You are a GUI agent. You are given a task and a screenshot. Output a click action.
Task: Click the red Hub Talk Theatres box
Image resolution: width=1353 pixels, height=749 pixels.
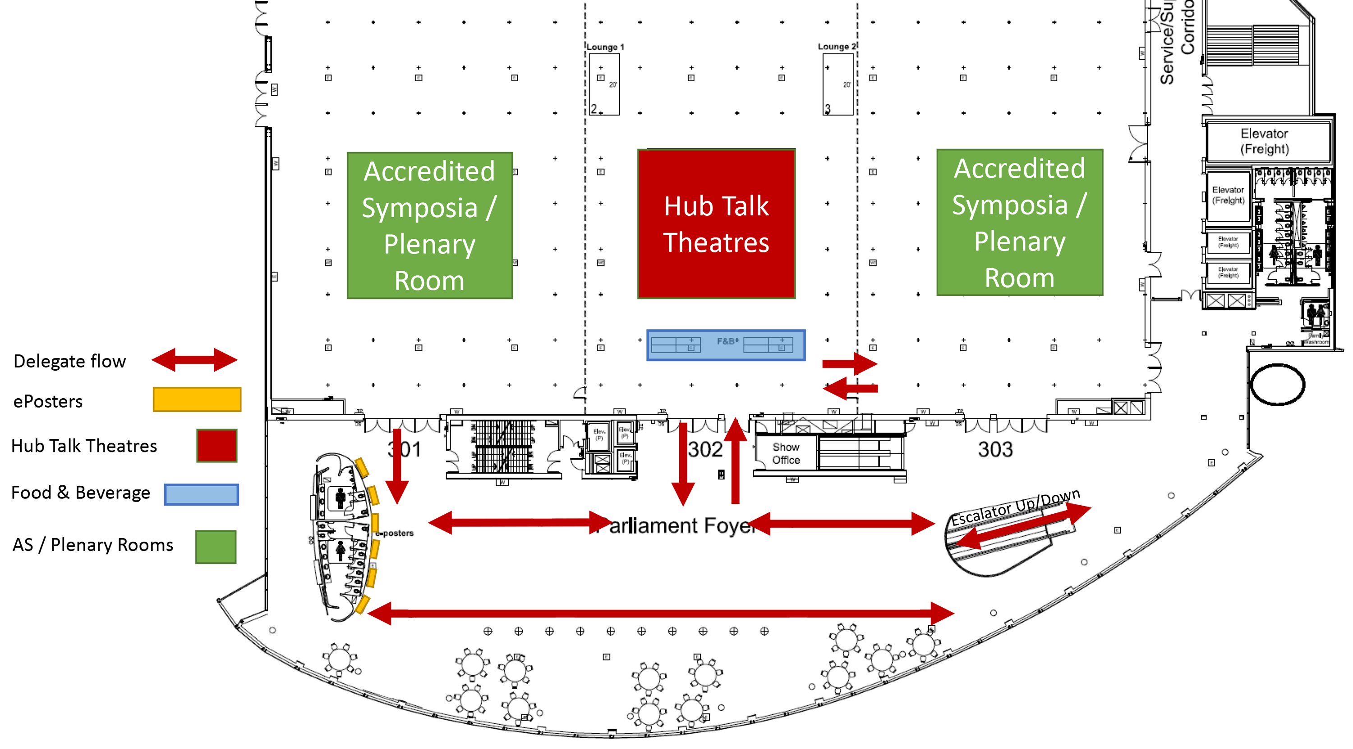716,224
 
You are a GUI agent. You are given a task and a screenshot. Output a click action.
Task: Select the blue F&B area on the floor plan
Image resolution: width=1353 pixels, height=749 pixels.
725,345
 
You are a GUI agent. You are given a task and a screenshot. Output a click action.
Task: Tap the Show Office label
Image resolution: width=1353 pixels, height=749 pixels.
786,453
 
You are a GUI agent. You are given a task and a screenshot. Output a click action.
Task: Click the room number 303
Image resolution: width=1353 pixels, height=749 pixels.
995,449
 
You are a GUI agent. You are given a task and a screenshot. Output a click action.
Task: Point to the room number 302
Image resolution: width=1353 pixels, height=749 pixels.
705,449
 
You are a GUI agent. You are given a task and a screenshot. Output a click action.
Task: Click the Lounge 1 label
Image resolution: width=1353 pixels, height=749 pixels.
605,47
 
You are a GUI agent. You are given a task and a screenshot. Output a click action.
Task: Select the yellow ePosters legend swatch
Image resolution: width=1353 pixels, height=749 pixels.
197,400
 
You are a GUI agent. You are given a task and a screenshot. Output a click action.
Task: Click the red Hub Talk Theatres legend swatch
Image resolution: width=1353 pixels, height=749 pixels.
217,446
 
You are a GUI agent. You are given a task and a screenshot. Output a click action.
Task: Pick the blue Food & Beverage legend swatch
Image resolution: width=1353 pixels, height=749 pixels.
201,494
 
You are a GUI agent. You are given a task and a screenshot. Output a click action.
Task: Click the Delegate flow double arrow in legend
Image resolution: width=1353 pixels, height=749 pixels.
194,360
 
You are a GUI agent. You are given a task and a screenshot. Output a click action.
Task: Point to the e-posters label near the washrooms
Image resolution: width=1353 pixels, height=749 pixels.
395,533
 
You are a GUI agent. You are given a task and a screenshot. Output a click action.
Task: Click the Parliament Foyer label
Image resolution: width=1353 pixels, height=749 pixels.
677,525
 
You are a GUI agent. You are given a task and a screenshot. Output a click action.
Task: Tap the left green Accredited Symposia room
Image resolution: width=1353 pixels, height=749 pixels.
430,225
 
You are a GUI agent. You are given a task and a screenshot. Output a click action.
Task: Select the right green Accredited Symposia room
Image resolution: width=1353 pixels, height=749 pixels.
1019,222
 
